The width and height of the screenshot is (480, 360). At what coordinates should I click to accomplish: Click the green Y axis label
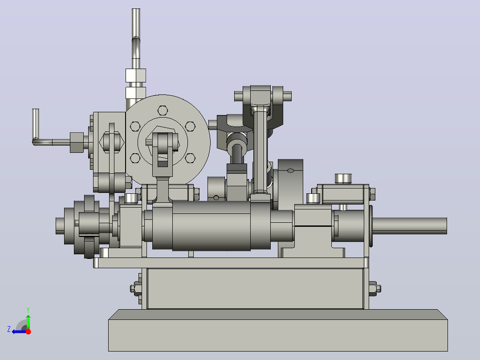coord(28,310)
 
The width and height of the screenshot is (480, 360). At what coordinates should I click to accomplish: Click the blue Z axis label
coord(9,329)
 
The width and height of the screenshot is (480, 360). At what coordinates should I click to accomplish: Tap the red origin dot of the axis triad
coord(28,331)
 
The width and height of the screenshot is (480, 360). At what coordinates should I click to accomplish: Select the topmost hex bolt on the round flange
coord(163,110)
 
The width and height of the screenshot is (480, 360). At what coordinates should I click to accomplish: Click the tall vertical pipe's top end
coord(136,9)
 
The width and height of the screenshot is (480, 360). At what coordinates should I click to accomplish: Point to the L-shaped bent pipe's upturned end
coord(36,109)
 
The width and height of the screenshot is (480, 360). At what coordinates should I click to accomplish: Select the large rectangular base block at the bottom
coord(278,330)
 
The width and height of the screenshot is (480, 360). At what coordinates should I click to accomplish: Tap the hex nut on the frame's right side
coord(375,289)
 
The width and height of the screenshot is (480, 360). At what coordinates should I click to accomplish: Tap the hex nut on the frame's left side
coord(136,289)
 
